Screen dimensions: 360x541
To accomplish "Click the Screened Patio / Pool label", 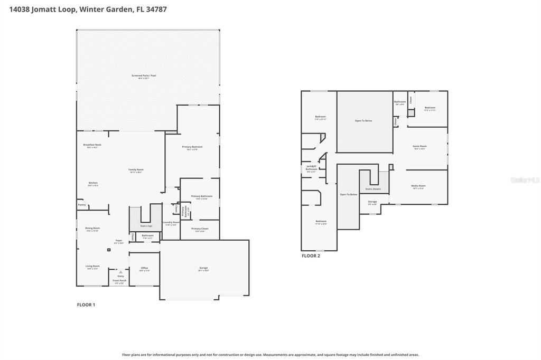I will click(144, 76).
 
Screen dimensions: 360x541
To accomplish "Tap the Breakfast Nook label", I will click(92, 145).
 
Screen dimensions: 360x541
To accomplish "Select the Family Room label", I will click(136, 169).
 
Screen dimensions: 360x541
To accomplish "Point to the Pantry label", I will click(81, 205).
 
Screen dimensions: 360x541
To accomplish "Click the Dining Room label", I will click(92, 228).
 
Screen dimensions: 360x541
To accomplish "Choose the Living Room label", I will click(92, 266).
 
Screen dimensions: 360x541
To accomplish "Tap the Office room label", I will click(144, 268).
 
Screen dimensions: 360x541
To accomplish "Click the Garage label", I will click(203, 268).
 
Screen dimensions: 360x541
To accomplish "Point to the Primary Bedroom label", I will click(192, 147).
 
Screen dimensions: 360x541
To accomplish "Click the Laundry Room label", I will click(170, 222).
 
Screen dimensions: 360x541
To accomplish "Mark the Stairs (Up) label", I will click(146, 226).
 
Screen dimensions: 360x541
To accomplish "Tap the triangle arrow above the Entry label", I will click(120, 272).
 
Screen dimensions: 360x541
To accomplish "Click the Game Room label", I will click(419, 146).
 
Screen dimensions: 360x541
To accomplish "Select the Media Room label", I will click(418, 186).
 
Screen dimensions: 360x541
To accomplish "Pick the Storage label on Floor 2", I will click(372, 202).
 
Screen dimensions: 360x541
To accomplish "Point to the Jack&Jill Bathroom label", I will click(311, 168).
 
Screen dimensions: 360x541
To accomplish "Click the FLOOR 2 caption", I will click(311, 256).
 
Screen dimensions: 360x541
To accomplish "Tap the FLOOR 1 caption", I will click(86, 305).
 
